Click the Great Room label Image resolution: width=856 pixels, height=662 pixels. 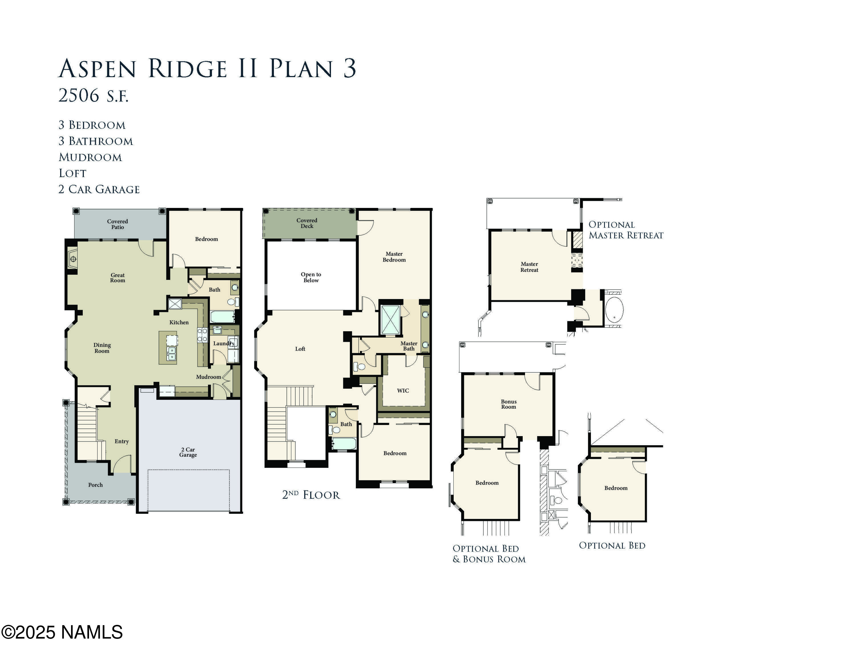pos(118,278)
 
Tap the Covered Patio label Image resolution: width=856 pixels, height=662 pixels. pos(118,224)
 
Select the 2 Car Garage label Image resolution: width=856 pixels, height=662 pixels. pos(188,452)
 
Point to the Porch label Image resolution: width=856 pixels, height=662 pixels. pos(95,485)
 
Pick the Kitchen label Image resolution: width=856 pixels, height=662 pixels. pos(179,322)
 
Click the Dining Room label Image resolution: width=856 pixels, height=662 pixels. pos(102,348)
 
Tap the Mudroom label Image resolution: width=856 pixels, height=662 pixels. pos(209,377)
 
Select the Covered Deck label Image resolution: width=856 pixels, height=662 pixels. pos(307,223)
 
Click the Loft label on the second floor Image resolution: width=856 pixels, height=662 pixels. pos(300,349)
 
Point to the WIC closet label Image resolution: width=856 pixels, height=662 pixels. pos(403,391)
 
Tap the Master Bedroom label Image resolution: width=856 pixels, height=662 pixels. pos(394,257)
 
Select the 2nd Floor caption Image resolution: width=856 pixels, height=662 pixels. pos(311,495)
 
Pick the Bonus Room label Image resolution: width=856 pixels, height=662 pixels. pos(508,404)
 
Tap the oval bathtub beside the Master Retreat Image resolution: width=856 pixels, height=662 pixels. pos(614,310)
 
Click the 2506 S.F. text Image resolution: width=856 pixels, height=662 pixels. pos(93,95)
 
